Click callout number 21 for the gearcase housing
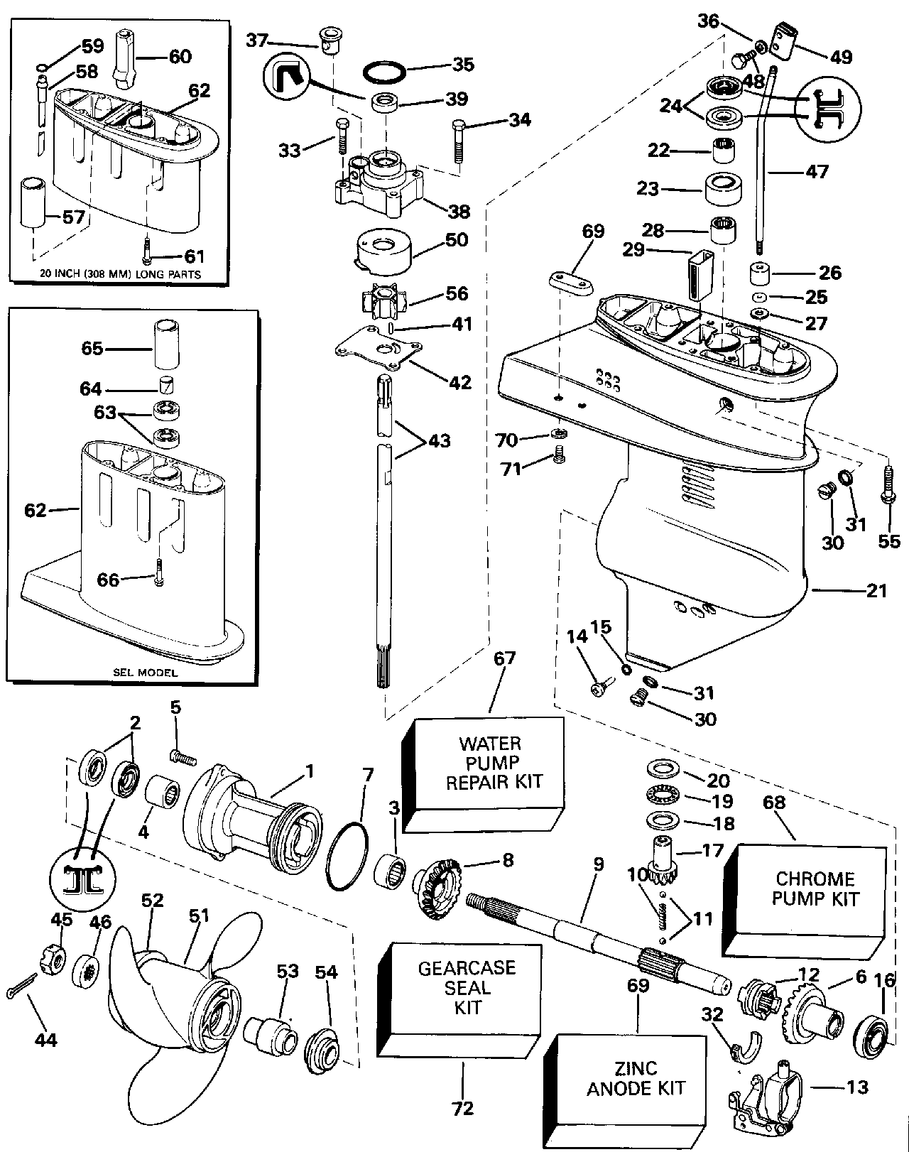click(x=876, y=590)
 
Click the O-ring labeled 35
click(x=386, y=72)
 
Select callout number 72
click(x=462, y=1107)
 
